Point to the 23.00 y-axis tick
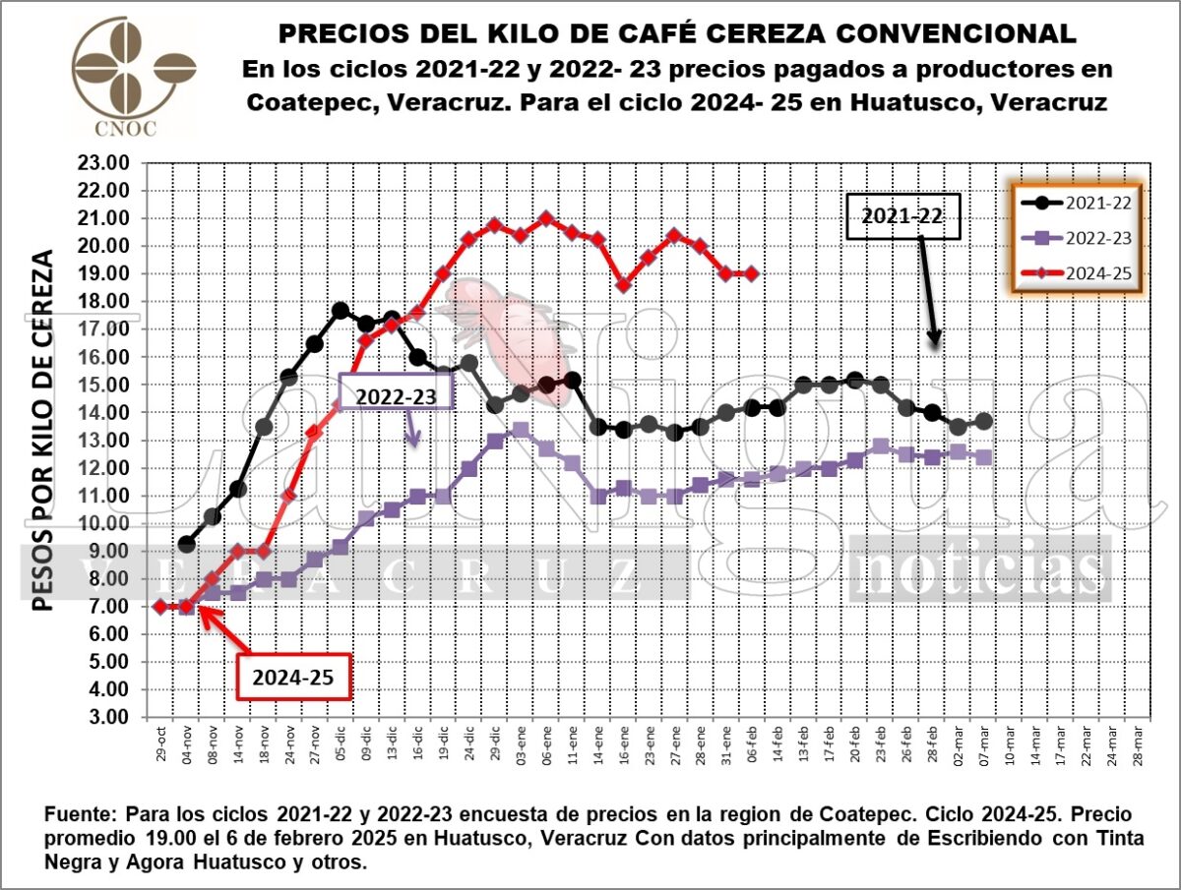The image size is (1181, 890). (102, 163)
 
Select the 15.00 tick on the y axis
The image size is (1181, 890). (102, 386)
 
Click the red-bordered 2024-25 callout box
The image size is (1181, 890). (294, 678)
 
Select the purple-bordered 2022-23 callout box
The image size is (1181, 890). (396, 393)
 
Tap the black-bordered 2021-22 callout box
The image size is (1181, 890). (902, 217)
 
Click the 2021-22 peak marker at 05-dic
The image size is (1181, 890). (341, 310)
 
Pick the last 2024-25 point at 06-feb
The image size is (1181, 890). (751, 274)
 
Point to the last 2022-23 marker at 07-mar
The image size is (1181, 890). (984, 457)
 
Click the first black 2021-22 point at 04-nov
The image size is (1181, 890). (187, 544)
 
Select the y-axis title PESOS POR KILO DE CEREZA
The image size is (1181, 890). (42, 429)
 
